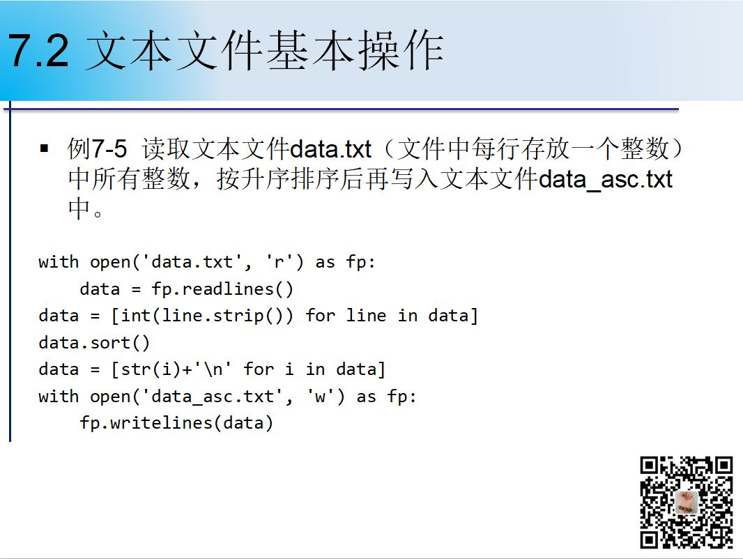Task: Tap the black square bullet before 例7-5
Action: [45, 148]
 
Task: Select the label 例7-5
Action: [97, 148]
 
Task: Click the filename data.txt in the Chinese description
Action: [330, 149]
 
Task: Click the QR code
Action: [686, 502]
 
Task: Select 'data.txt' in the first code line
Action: [192, 262]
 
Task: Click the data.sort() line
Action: [94, 342]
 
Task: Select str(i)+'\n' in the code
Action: [176, 369]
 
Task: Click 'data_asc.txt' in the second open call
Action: [213, 397]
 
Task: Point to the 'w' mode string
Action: [321, 397]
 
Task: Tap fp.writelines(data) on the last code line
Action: [176, 423]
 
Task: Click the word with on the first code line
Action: [59, 262]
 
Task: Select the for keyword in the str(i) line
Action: [259, 369]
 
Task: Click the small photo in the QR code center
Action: [686, 503]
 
